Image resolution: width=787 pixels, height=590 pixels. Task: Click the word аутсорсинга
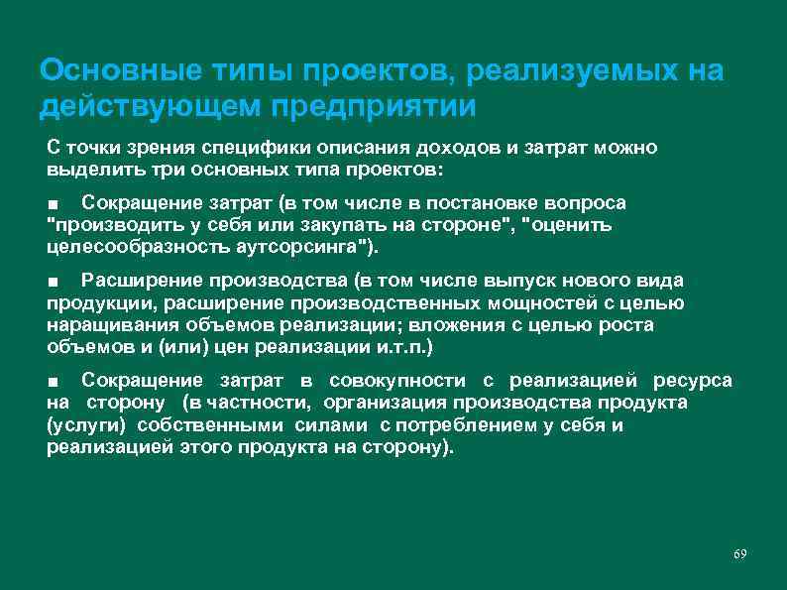coord(306,247)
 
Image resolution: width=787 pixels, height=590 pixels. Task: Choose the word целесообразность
coord(137,247)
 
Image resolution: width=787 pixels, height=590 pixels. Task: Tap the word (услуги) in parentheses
coord(83,425)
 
